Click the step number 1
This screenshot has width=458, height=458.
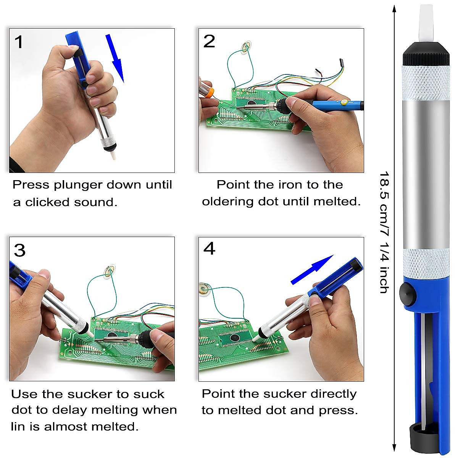pos(18,42)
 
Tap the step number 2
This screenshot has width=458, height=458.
pos(209,41)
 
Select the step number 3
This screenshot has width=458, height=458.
pos(19,250)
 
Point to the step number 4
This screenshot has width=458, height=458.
pos(209,248)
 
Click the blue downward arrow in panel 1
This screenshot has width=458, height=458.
pos(115,57)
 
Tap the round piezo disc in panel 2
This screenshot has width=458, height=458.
pos(245,47)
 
